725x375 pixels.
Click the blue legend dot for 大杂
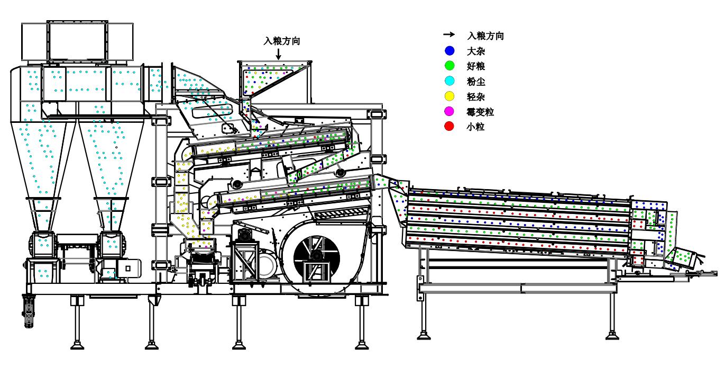[449, 51]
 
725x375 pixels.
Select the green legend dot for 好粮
[449, 67]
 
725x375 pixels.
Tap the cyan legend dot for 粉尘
[449, 82]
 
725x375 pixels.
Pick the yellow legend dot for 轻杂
[449, 97]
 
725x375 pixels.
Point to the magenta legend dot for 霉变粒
[449, 112]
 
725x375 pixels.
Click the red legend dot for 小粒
[449, 127]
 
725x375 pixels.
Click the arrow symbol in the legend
[449, 34]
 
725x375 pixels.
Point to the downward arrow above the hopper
[279, 52]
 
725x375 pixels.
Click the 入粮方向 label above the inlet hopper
[282, 41]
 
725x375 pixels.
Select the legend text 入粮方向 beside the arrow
[485, 36]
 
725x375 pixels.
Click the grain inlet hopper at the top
[273, 77]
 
